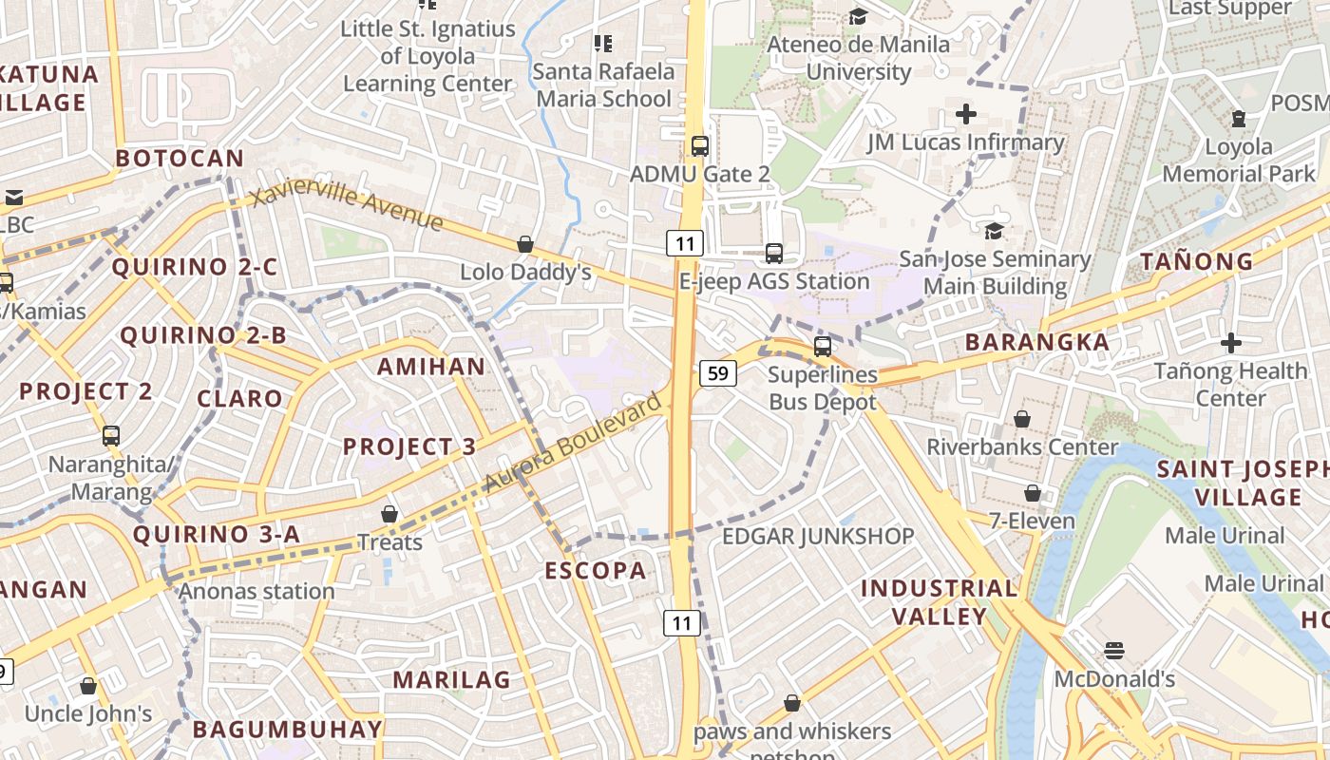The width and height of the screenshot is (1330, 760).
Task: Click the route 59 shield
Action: pyautogui.click(x=718, y=373)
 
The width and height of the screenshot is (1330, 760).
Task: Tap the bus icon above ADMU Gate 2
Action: pyautogui.click(x=700, y=146)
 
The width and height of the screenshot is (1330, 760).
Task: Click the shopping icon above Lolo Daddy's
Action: pyautogui.click(x=525, y=244)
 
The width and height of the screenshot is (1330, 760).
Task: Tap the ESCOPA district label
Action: pyautogui.click(x=596, y=571)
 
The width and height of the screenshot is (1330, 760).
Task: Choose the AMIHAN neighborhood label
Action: pyautogui.click(x=431, y=367)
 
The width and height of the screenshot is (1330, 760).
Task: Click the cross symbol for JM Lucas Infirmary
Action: pyautogui.click(x=966, y=115)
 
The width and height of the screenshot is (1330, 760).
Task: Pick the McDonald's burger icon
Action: pyautogui.click(x=1114, y=651)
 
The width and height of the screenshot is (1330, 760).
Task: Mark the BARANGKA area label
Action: pyautogui.click(x=1036, y=342)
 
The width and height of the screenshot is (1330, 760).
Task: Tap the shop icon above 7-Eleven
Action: pyautogui.click(x=1033, y=493)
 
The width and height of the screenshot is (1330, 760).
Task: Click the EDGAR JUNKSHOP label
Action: pyautogui.click(x=818, y=537)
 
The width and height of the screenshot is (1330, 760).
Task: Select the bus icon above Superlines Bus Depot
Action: pyautogui.click(x=823, y=347)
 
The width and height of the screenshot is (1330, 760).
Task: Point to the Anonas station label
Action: pyautogui.click(x=256, y=591)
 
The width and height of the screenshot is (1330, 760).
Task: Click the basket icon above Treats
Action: pyautogui.click(x=389, y=515)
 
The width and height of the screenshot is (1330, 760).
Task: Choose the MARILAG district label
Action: pyautogui.click(x=451, y=679)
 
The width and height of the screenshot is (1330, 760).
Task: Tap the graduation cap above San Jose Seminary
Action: pyautogui.click(x=994, y=231)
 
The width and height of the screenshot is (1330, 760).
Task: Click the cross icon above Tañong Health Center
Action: pyautogui.click(x=1231, y=343)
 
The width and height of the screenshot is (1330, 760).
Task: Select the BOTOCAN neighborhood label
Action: pyautogui.click(x=180, y=159)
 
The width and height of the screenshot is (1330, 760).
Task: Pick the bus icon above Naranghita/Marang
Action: pyautogui.click(x=111, y=436)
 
